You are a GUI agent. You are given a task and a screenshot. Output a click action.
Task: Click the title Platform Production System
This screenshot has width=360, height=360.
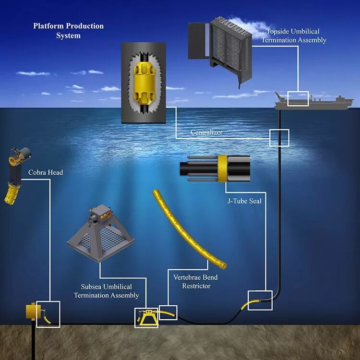point(68,31)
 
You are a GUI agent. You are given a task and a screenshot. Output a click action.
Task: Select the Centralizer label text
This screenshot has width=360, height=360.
point(206,132)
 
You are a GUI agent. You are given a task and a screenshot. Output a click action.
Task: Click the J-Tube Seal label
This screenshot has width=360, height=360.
point(244,201)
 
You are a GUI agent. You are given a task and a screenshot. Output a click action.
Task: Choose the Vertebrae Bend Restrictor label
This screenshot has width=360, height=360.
point(196,282)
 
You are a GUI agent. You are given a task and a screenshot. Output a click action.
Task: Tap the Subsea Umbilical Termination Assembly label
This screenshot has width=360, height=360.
point(106,291)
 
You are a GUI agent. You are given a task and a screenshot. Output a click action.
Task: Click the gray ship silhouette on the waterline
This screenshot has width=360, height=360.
point(317,101)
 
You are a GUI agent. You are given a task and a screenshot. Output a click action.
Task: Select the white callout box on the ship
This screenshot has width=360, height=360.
point(297,98)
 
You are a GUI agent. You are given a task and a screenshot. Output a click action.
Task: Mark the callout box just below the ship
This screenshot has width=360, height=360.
point(279,137)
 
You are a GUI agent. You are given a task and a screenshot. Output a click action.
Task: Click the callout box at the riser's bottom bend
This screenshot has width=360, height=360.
point(260,300)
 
